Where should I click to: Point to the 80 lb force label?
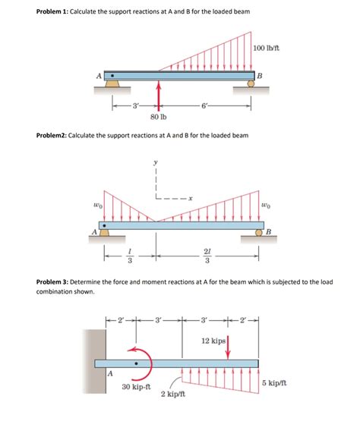coord(159,118)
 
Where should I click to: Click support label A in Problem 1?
coord(97,74)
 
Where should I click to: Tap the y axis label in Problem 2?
coord(156,161)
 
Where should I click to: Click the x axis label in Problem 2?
coord(191,199)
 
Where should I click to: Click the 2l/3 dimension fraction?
coord(207,258)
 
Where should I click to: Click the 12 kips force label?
coord(213,341)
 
